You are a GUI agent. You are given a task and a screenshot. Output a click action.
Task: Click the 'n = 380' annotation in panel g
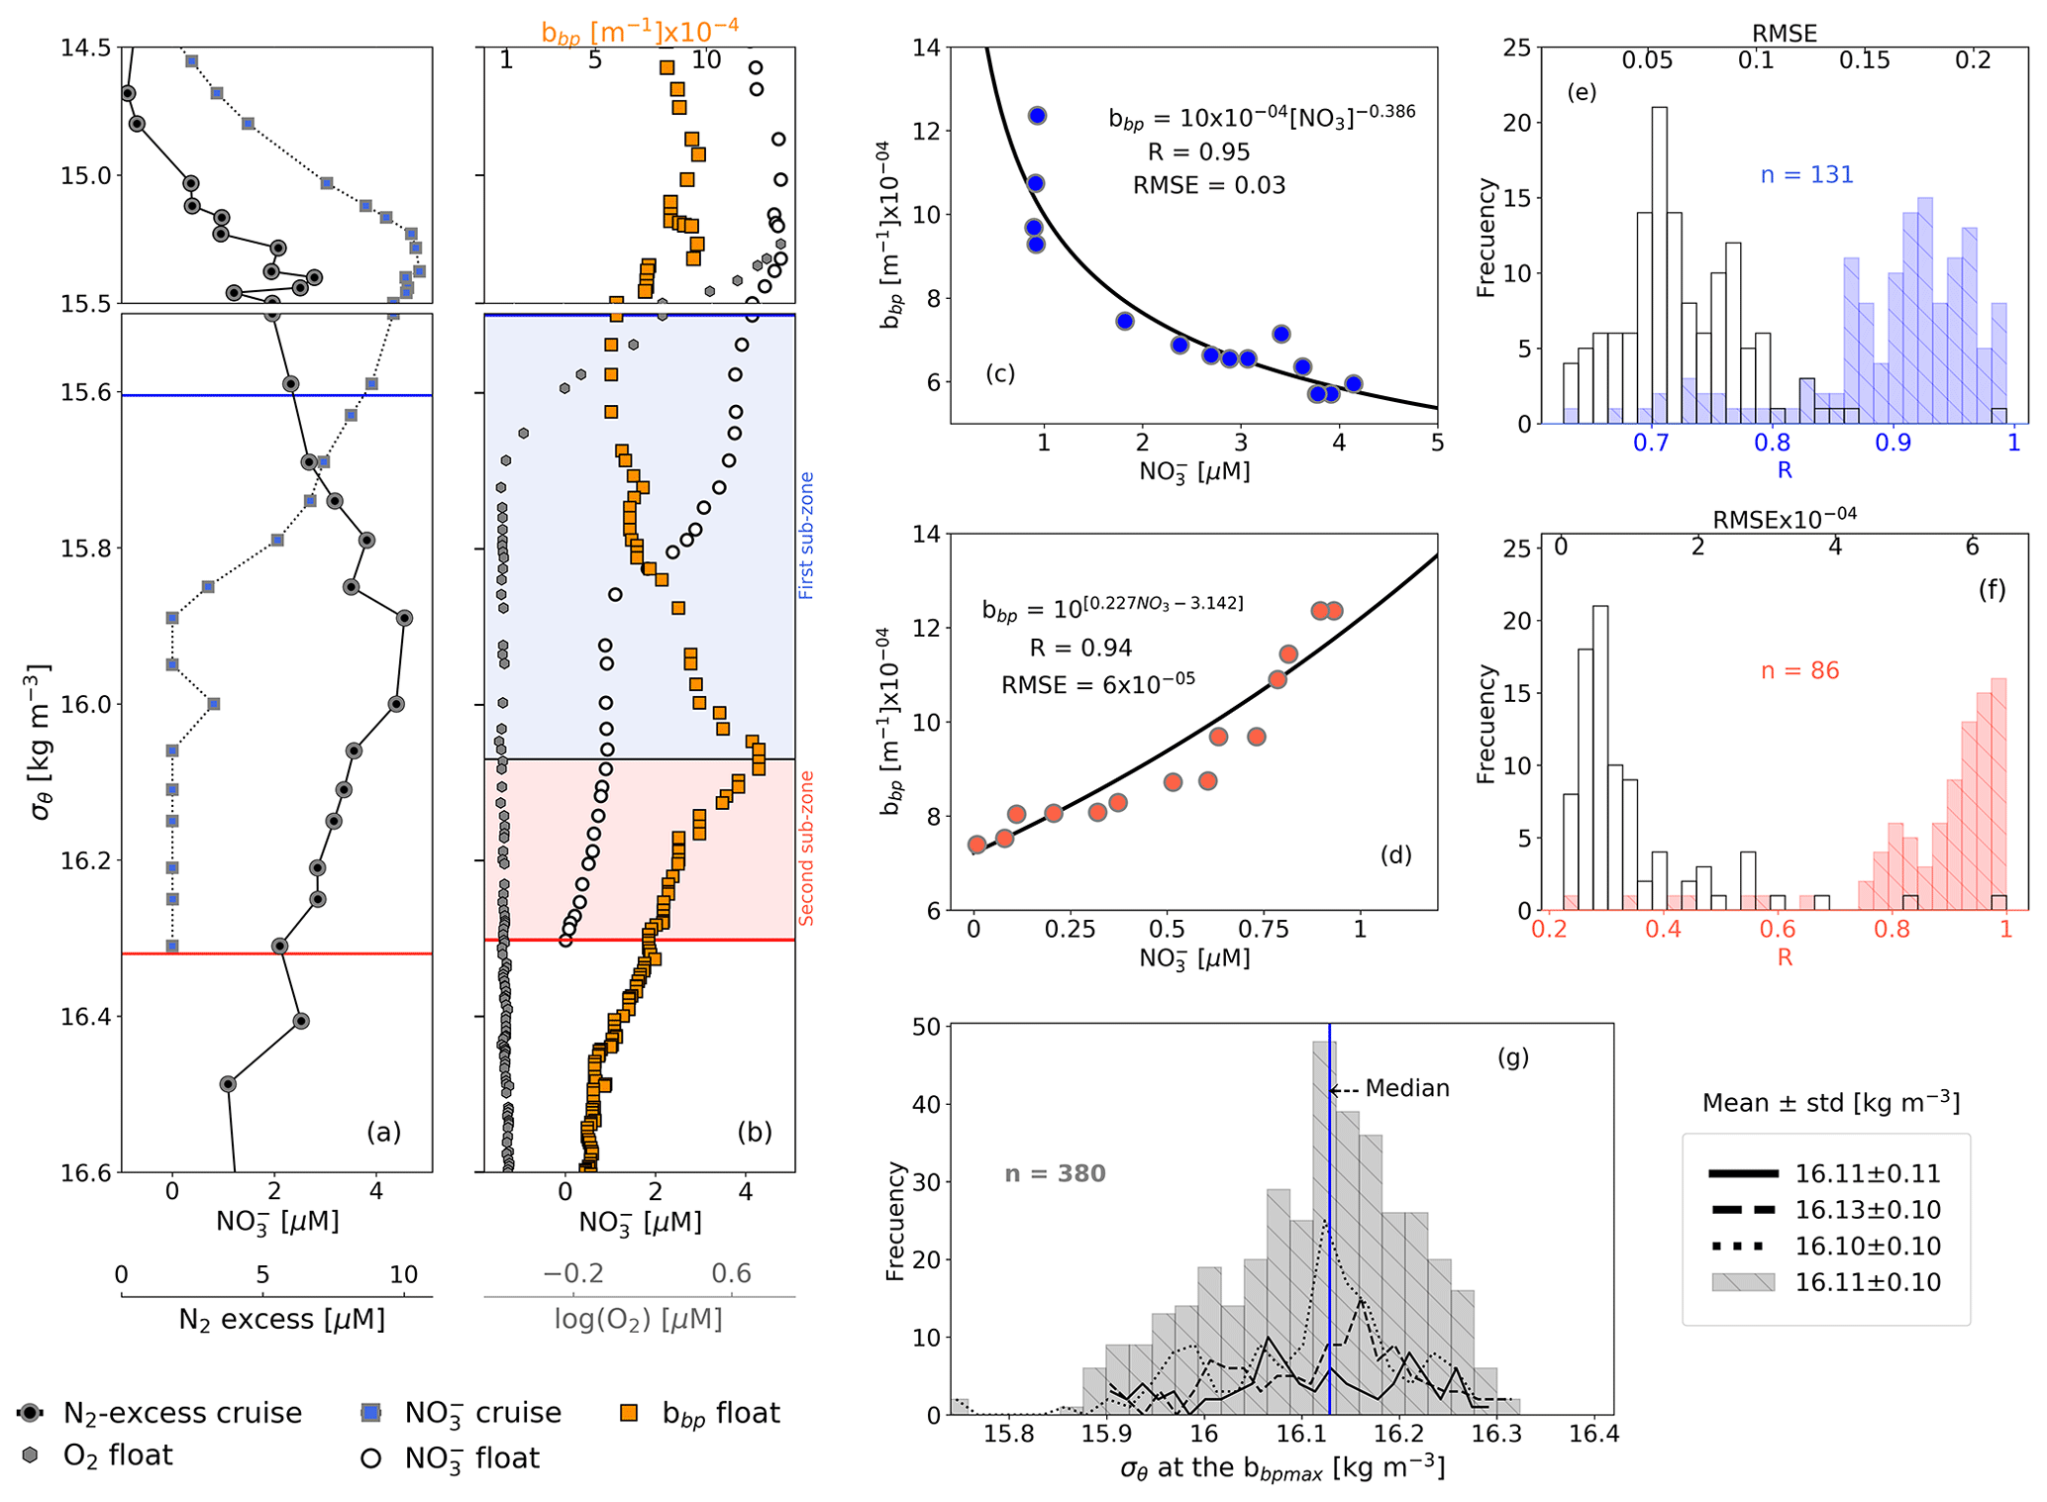(x=1055, y=1173)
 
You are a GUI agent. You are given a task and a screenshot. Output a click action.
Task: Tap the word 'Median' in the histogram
(x=1406, y=1088)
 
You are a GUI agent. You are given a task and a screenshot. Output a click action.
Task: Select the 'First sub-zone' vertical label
(x=806, y=535)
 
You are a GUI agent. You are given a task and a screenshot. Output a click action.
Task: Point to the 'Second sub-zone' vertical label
(x=806, y=848)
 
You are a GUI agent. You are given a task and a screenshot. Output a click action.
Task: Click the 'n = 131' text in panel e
(x=1806, y=175)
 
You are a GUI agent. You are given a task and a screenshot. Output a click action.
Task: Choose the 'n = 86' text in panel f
(x=1799, y=670)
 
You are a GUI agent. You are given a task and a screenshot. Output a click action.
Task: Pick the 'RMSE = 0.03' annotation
(x=1209, y=185)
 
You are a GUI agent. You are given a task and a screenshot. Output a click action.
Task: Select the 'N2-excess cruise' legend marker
(x=32, y=1413)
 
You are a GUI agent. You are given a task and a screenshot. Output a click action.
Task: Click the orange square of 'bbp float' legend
(x=628, y=1413)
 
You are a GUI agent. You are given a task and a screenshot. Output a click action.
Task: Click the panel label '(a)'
(x=383, y=1132)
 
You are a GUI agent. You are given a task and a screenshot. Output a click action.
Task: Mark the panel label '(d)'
(x=1395, y=854)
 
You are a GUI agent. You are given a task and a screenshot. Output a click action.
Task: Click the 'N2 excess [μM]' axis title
(x=281, y=1319)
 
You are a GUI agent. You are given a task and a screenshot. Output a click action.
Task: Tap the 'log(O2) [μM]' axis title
(x=638, y=1319)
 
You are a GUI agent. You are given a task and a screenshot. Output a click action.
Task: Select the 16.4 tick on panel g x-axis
(x=1593, y=1433)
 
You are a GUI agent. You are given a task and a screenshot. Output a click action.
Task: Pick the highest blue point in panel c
(x=1037, y=116)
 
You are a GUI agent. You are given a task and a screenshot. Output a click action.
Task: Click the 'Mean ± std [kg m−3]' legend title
(x=1830, y=1103)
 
